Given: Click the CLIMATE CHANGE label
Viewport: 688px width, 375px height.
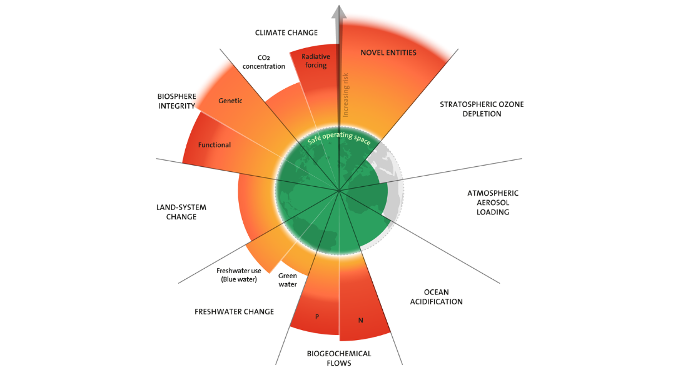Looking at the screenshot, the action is click(286, 32).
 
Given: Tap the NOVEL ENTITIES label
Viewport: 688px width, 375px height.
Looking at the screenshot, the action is click(388, 52).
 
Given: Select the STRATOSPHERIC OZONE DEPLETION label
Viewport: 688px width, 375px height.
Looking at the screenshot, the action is click(482, 109).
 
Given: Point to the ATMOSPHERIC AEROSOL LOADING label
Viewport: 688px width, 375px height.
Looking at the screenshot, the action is click(493, 202).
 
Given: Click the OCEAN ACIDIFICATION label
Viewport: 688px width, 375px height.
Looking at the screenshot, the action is click(436, 297).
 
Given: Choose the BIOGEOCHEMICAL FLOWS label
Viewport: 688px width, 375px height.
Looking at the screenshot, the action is click(339, 358).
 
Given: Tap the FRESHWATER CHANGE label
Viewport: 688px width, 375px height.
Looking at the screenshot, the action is click(235, 312).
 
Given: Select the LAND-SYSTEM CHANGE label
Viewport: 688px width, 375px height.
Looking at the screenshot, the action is click(181, 212).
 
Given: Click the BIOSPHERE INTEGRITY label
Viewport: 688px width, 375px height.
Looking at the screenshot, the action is click(177, 101).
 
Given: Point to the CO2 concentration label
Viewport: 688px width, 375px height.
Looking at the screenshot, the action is click(264, 62).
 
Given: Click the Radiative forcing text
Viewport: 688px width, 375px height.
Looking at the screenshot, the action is click(316, 61).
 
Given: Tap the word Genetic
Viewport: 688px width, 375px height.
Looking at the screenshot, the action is click(230, 101).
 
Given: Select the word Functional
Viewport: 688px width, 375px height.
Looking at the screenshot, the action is click(214, 145).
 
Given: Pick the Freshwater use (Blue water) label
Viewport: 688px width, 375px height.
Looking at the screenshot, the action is click(239, 275).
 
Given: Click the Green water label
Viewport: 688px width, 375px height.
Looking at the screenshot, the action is click(288, 280).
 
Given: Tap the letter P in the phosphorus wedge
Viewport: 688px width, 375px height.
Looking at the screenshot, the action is click(317, 316).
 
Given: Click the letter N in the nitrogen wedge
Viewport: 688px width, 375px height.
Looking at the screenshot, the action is click(361, 320).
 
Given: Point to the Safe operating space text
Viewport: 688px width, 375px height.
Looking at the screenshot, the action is click(339, 137).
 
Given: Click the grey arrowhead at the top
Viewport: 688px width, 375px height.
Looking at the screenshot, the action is click(339, 12).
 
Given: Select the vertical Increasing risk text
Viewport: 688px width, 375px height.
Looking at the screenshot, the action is click(346, 95).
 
